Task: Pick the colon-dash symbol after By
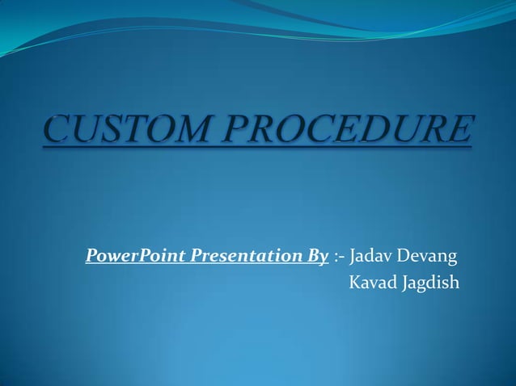coord(339,258)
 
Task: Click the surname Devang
coord(431,258)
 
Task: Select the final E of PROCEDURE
coord(460,132)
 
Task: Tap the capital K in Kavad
coord(353,283)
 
